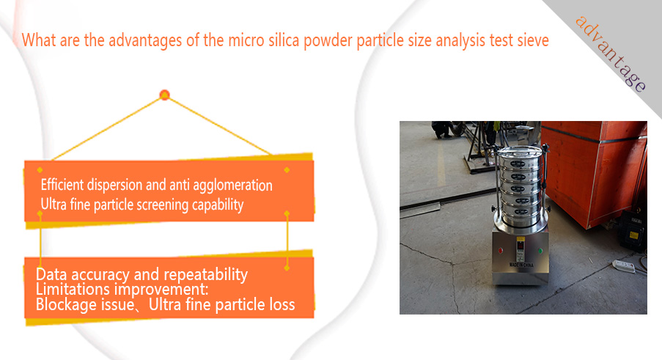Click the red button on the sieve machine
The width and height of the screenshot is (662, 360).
pos(500,251)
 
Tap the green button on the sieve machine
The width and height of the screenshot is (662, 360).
pos(540,251)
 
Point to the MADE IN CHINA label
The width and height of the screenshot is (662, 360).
pos(521,265)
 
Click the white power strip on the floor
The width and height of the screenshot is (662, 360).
pos(624,266)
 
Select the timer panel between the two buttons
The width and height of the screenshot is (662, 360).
pos(521,249)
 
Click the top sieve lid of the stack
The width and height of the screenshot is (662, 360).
pos(518,150)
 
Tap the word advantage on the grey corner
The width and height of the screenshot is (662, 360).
pos(611,54)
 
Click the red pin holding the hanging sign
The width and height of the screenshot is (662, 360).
pos(165,95)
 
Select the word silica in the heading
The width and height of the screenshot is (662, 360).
pos(284,40)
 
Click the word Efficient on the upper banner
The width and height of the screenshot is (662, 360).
pos(62,185)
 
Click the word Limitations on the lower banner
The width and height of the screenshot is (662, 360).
pos(73,290)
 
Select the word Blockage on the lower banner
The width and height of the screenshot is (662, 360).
pos(64,305)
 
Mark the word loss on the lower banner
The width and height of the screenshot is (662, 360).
pos(282,305)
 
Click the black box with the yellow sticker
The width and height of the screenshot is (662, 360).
pos(633,231)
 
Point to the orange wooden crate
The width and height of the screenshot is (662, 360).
pos(594,172)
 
